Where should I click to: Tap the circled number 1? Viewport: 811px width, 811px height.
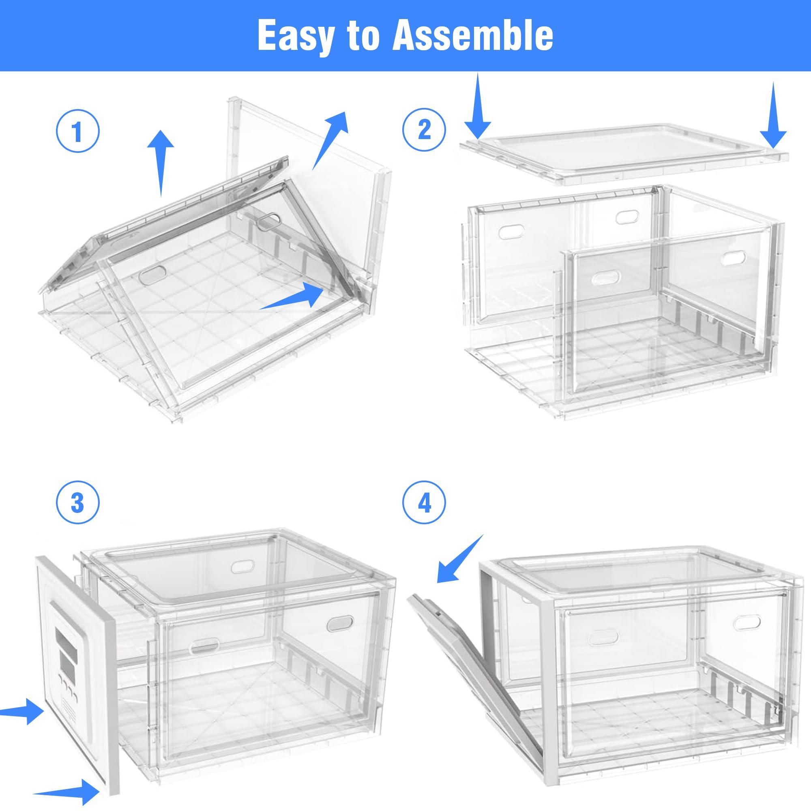click(78, 131)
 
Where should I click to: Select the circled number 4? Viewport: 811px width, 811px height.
click(424, 502)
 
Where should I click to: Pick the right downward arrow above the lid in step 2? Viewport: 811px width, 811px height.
click(773, 114)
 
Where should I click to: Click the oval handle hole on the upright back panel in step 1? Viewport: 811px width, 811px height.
click(269, 221)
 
